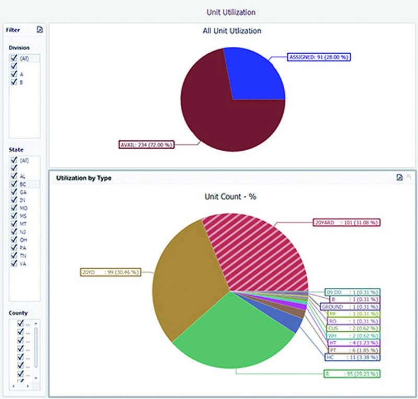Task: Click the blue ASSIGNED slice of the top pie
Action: coord(256,76)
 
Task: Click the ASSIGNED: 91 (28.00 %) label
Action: coord(319,57)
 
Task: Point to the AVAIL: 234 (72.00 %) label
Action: coord(147,144)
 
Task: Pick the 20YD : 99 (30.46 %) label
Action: coord(110,272)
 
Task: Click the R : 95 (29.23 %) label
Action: coord(352,373)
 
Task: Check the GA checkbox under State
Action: coord(14,192)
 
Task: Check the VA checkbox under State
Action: coord(14,263)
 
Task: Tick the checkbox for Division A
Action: coord(14,74)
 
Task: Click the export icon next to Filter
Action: coord(40,30)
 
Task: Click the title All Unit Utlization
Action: coord(231,31)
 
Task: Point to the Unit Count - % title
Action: coord(231,198)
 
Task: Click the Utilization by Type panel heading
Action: coord(84,178)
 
